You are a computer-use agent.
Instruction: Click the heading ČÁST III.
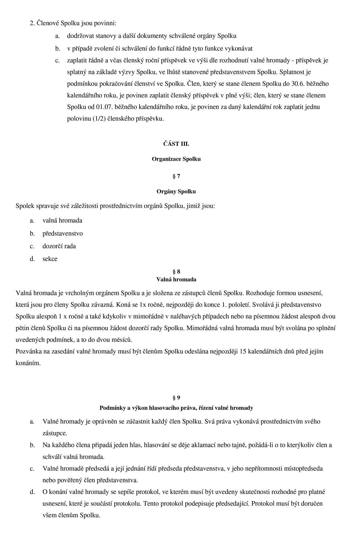176,144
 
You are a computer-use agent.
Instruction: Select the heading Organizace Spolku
176,159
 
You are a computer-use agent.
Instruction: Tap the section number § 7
176,176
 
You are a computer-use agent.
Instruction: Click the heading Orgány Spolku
176,191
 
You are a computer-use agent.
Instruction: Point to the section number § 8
176,272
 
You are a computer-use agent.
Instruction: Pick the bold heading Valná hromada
176,279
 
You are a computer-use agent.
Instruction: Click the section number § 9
176,398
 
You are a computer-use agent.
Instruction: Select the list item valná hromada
62,220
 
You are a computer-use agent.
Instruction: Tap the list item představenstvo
62,234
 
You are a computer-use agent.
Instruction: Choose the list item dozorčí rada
59,246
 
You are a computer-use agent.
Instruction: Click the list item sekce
50,259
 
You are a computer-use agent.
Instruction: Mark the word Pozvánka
29,351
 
